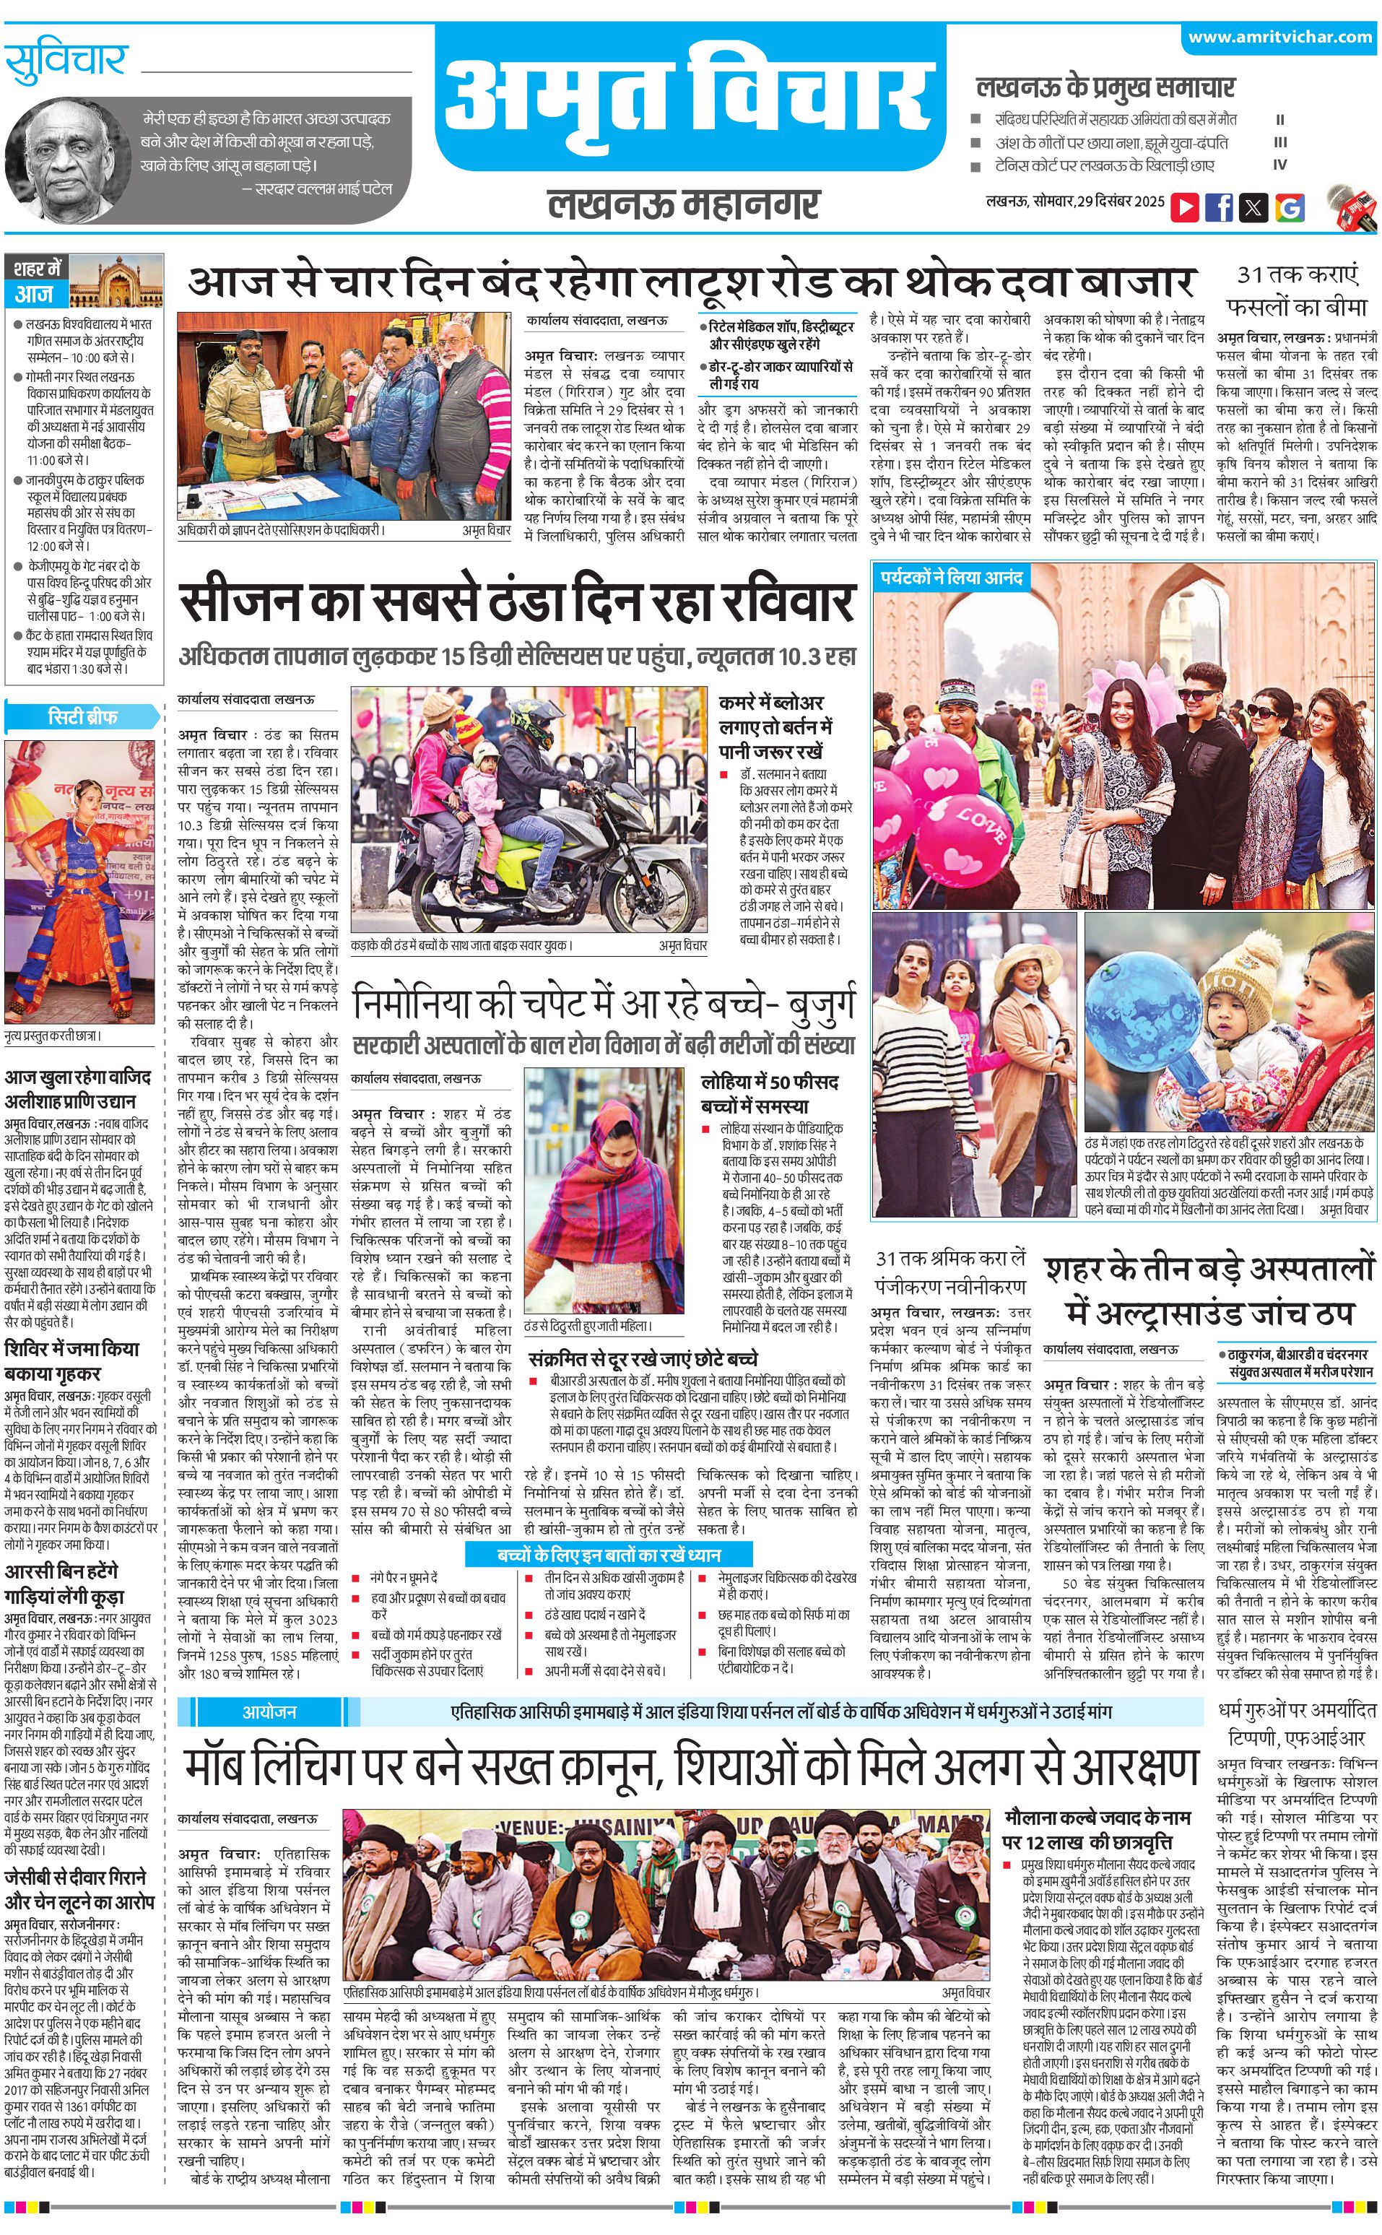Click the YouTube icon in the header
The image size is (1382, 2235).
[1185, 207]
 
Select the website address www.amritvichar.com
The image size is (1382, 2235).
[1279, 38]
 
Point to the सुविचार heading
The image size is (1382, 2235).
[66, 62]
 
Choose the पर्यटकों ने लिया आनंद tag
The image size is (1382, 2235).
[951, 577]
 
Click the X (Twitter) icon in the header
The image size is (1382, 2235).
[1253, 207]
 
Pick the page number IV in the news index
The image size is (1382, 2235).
[1279, 165]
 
